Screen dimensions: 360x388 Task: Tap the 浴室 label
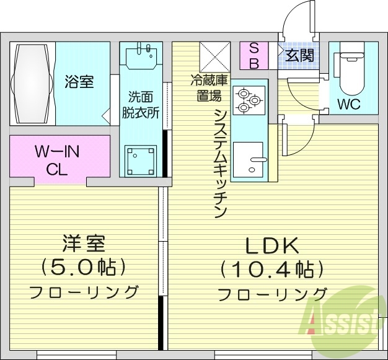pos(80,82)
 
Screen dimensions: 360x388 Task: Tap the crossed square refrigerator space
pos(215,57)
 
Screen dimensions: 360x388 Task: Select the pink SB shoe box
pos(254,56)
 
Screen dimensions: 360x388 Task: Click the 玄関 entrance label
pos(299,55)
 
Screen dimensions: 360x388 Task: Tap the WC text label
pos(349,104)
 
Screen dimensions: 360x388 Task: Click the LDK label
pos(273,247)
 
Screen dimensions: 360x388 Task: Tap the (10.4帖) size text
pos(273,270)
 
